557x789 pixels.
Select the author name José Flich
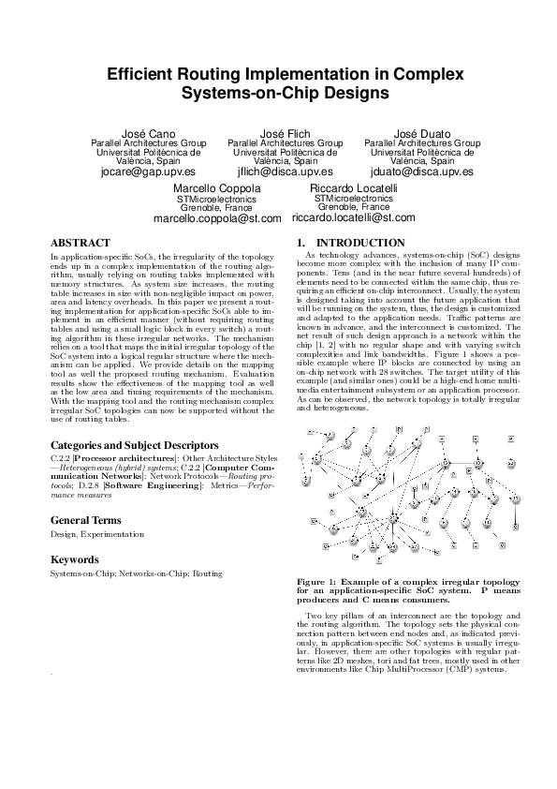(286, 134)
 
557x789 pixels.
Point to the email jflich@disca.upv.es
(286, 172)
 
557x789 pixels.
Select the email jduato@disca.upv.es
(421, 172)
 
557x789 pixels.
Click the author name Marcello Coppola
(217, 188)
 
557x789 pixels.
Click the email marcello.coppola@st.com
(217, 218)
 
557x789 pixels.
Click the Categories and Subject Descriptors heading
(135, 444)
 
